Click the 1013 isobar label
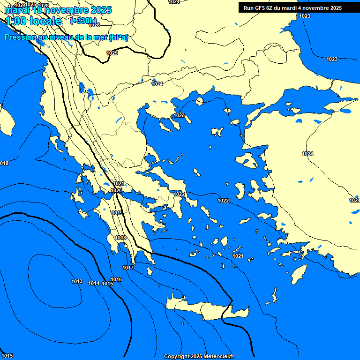(77, 282)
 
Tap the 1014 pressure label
(94, 284)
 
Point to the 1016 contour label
(116, 280)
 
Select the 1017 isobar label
(128, 268)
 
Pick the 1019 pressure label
(117, 213)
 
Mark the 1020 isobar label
(117, 191)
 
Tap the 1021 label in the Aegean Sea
(238, 256)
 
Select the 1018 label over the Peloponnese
(120, 238)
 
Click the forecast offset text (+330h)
(83, 21)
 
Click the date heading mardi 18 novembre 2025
(58, 9)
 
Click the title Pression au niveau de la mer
(66, 37)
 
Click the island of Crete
(206, 309)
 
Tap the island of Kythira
(150, 271)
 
